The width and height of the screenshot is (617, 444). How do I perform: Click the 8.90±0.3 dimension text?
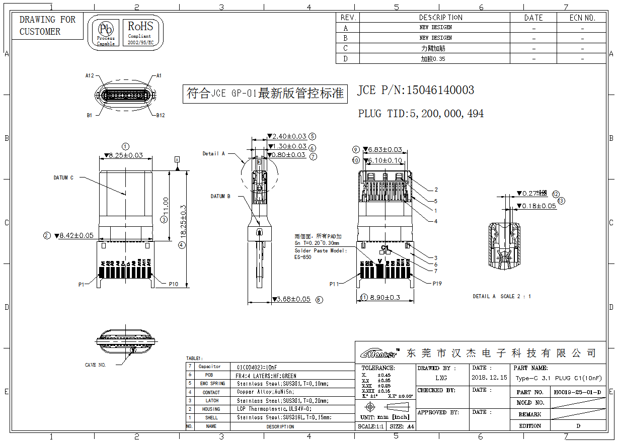point(385,297)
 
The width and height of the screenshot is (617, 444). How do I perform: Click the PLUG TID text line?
point(421,114)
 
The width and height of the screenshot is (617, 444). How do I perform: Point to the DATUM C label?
point(63,177)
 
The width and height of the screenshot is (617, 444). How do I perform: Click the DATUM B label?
point(220,196)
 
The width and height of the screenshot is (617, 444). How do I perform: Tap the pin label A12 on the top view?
point(90,75)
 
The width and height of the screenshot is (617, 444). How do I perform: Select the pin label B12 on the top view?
point(160,115)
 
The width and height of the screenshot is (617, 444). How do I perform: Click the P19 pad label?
point(437,284)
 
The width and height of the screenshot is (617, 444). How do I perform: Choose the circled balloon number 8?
point(319,300)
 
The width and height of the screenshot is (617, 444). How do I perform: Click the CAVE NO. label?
point(95,365)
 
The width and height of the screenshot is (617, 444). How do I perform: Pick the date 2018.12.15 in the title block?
point(489,378)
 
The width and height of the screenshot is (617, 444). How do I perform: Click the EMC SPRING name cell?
point(211,384)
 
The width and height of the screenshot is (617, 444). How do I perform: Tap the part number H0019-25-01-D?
point(577,392)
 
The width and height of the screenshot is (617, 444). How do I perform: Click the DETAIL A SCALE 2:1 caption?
point(502,296)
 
